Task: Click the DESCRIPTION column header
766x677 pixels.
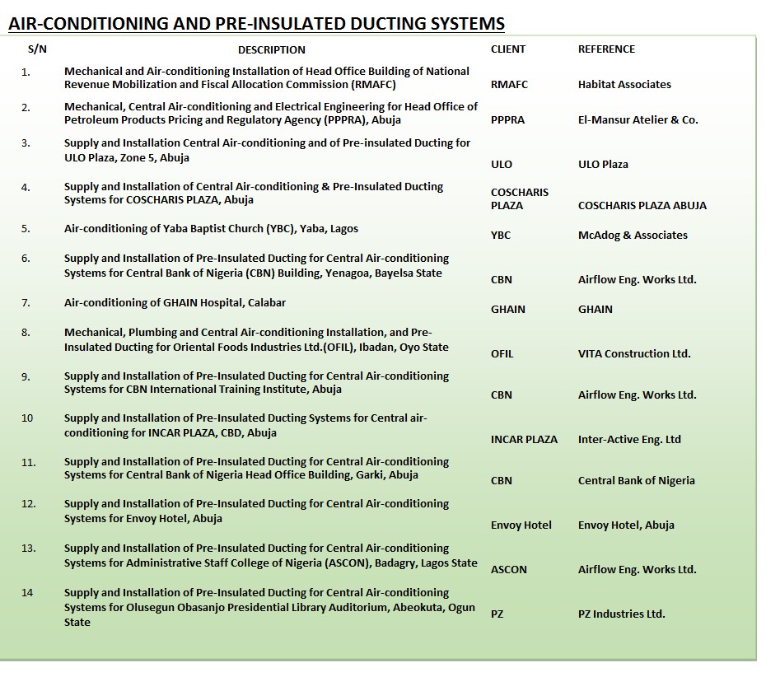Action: [272, 49]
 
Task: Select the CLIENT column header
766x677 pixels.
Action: [507, 49]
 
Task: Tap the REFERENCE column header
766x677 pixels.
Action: [606, 49]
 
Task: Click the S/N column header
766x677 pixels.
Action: [37, 49]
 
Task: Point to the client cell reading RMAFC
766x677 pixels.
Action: [509, 85]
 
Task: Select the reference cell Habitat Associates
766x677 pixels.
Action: [624, 85]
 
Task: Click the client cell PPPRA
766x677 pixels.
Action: [507, 120]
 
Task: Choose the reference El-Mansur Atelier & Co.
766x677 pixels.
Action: [638, 120]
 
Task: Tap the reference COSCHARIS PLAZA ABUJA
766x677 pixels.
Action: [642, 206]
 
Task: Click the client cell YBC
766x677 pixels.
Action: [501, 236]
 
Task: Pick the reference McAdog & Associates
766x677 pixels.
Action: [633, 236]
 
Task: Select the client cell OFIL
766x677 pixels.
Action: [502, 354]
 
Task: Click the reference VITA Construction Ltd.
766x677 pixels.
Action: [634, 354]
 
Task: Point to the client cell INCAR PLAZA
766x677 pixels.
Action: [524, 440]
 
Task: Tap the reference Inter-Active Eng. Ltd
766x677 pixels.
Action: [629, 440]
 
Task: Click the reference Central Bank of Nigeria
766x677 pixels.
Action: [636, 481]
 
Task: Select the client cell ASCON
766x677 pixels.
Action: [508, 570]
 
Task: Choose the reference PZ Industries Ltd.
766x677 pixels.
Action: [621, 614]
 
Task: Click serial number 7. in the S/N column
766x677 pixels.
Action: [26, 303]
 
